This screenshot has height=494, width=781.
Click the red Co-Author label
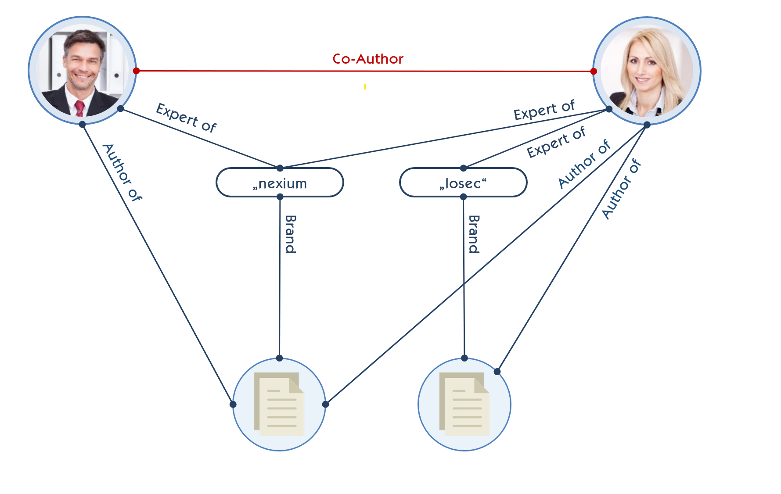(367, 59)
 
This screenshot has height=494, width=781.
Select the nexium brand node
(280, 183)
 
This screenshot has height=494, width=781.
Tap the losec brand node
(463, 183)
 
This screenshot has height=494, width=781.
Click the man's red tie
(79, 108)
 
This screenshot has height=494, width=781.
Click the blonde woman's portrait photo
(646, 70)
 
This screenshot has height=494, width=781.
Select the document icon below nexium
(279, 404)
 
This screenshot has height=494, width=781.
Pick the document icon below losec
(464, 404)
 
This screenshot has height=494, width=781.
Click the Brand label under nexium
(290, 234)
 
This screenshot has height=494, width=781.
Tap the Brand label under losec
(474, 234)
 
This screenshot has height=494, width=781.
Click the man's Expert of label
(186, 118)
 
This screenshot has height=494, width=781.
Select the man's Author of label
(122, 172)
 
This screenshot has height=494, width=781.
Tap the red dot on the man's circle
(136, 71)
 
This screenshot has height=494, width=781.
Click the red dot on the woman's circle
(594, 71)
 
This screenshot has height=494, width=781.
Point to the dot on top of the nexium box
(280, 168)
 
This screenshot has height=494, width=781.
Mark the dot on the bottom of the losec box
(463, 197)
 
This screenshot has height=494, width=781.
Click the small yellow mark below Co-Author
(365, 87)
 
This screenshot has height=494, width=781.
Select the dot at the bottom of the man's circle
(82, 125)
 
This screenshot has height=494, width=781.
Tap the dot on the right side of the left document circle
(325, 404)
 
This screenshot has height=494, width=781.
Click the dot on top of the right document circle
(464, 358)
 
